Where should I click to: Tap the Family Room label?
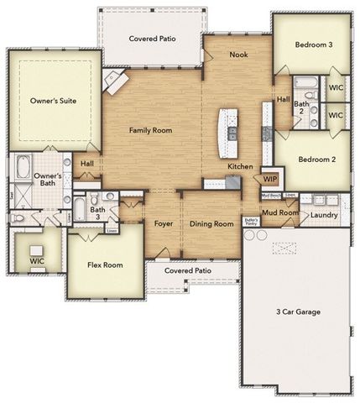[x=150, y=130]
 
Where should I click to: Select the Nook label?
[x=239, y=55]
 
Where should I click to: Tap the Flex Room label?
[x=105, y=265]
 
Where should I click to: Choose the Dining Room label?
[x=211, y=224]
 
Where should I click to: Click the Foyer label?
[x=164, y=224]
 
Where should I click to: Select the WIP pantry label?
[x=270, y=179]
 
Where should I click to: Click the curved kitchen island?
[x=226, y=132]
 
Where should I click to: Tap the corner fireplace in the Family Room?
[x=113, y=81]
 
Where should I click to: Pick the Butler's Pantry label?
[x=250, y=222]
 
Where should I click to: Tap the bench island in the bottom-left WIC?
[x=36, y=250]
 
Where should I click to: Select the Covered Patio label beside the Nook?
[x=151, y=39]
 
